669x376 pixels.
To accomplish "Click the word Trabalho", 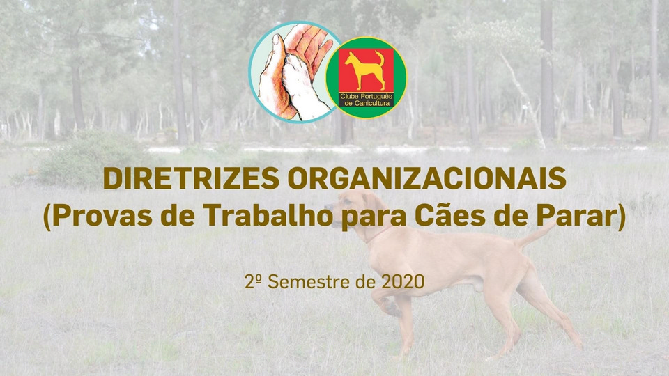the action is [x=268, y=214].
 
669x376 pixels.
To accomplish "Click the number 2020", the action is [x=403, y=282].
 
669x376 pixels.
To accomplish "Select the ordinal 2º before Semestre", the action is [x=253, y=281].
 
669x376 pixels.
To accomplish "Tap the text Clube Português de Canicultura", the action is [x=366, y=100].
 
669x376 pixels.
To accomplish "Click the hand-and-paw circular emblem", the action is [x=294, y=72].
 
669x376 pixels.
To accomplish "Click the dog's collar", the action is [x=379, y=235].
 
